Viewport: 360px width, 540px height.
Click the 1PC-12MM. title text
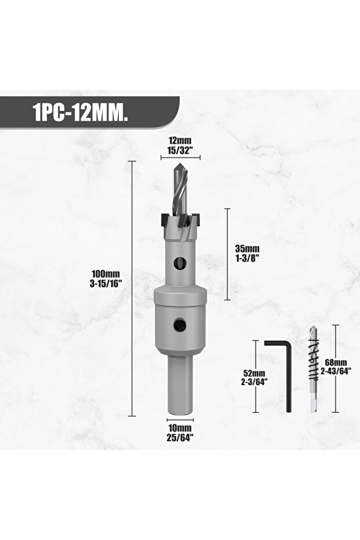(81, 113)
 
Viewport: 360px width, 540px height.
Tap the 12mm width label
(180, 141)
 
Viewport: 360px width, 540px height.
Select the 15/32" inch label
(180, 150)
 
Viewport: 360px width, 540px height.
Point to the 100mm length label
(106, 274)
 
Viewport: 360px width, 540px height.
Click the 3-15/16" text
(106, 283)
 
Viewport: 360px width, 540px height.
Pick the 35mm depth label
(248, 249)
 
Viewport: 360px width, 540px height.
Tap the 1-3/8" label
(247, 258)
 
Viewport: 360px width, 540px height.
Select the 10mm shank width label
(180, 428)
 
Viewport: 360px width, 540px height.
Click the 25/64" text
(180, 437)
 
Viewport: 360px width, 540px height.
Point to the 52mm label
(254, 373)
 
